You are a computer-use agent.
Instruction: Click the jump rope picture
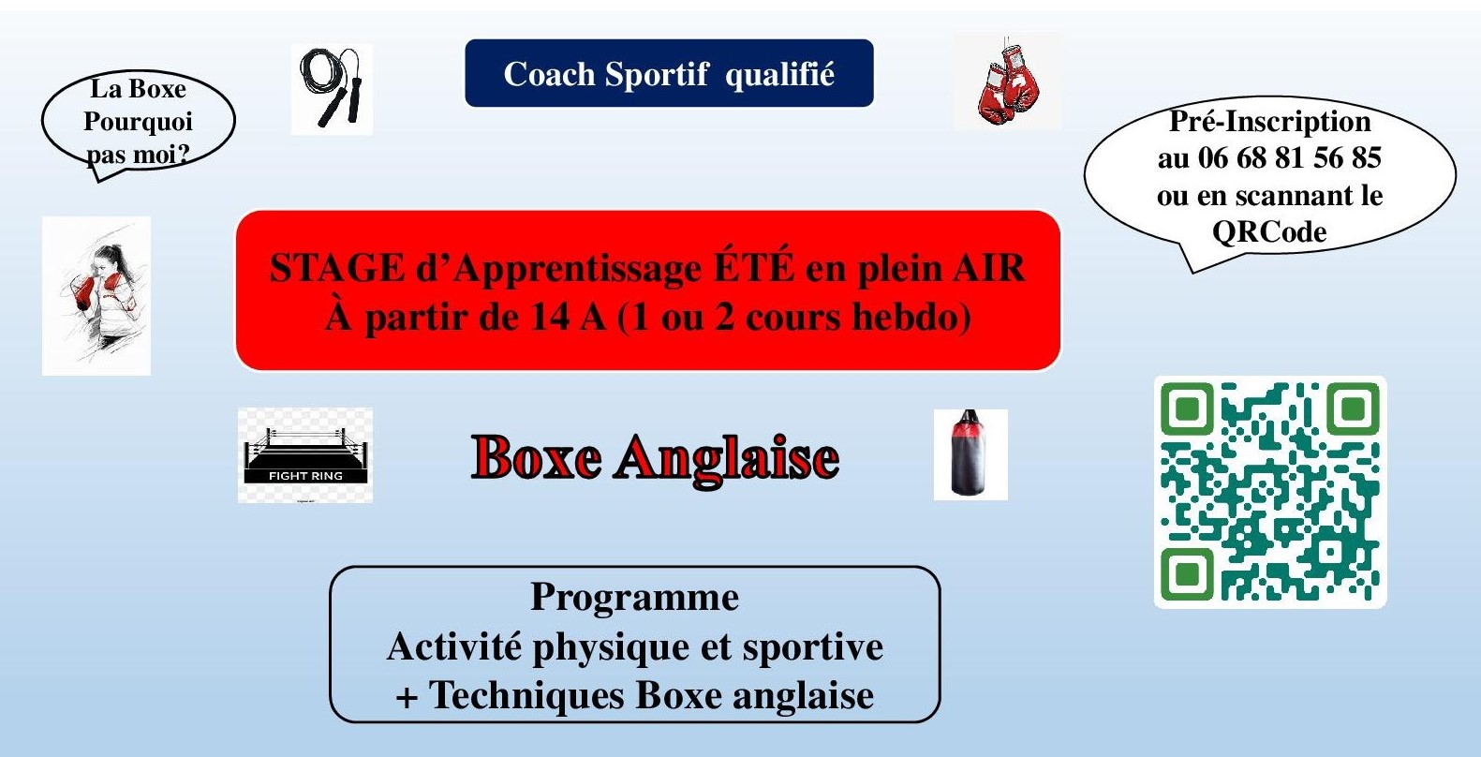click(x=332, y=89)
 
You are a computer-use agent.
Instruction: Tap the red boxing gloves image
click(x=1008, y=82)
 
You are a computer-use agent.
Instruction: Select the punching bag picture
click(x=970, y=455)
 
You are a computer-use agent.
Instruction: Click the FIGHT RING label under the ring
click(x=305, y=476)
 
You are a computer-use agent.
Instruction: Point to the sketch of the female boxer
click(x=96, y=296)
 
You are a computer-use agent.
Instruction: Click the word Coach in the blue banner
click(x=549, y=74)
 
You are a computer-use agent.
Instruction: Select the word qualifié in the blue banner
click(x=779, y=75)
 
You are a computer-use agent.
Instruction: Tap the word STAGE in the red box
click(x=336, y=269)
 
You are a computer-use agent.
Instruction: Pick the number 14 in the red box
click(x=549, y=318)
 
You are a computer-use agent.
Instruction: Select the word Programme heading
click(x=635, y=598)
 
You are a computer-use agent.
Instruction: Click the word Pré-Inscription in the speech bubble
click(x=1269, y=122)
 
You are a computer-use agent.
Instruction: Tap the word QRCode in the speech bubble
click(x=1269, y=232)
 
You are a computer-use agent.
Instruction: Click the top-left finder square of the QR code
click(x=1188, y=409)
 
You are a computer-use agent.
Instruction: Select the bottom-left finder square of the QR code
click(x=1188, y=574)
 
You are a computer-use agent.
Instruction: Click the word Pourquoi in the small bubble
click(x=139, y=123)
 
